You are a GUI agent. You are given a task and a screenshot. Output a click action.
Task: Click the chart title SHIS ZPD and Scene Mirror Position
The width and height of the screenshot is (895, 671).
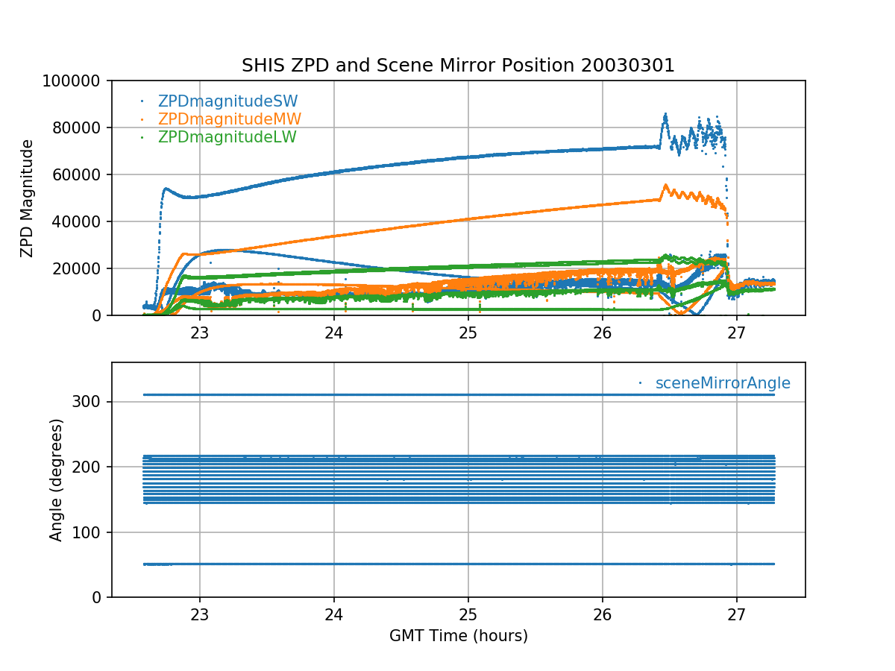coord(458,66)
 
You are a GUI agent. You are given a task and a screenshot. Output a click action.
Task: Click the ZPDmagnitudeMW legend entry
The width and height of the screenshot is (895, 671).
coord(229,119)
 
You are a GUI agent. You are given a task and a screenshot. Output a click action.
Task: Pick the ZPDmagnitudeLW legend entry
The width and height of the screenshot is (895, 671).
coord(227,137)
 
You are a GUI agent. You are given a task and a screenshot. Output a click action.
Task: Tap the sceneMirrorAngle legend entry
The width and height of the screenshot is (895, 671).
coord(722,383)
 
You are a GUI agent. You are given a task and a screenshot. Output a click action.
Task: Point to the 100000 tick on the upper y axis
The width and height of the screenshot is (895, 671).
coord(75,81)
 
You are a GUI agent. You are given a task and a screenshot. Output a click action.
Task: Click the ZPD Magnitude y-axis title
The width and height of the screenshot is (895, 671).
coord(28,198)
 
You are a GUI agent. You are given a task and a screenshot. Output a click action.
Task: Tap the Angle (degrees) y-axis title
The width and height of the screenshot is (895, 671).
coord(57,479)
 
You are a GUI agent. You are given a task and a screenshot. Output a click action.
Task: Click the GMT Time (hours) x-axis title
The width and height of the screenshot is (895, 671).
coord(458,636)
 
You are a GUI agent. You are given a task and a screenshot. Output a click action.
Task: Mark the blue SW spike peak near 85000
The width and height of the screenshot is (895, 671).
coord(665,115)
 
